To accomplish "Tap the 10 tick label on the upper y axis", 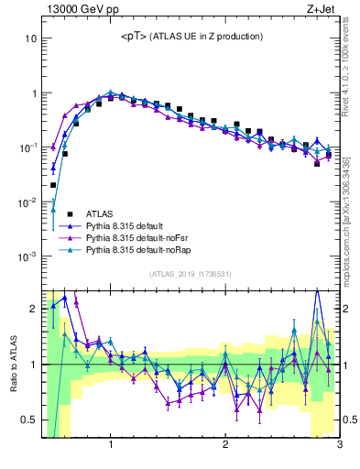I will click(30, 39).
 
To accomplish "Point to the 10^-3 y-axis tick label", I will click(27, 256).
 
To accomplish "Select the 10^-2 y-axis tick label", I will click(27, 202).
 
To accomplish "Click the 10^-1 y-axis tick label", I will click(27, 147).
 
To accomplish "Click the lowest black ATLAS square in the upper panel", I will click(54, 184).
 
